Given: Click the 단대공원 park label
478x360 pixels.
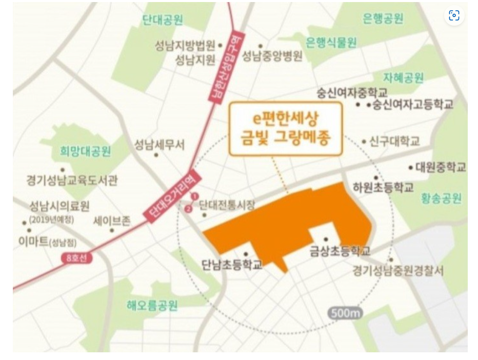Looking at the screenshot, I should pos(163,20).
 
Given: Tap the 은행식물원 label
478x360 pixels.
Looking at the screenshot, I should pos(331,43).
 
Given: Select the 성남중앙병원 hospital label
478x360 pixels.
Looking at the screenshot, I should pos(272,55).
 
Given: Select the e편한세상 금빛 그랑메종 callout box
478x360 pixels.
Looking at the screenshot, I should pos(285,129).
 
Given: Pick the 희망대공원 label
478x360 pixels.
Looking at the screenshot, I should pos(86,151).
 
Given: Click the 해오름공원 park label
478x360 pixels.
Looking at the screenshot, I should pos(152,306).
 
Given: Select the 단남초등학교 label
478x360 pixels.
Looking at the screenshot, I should pos(232,265).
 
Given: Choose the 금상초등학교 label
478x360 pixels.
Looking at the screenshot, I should pos(340,251).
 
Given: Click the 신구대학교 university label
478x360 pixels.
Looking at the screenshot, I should pos(394,142).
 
